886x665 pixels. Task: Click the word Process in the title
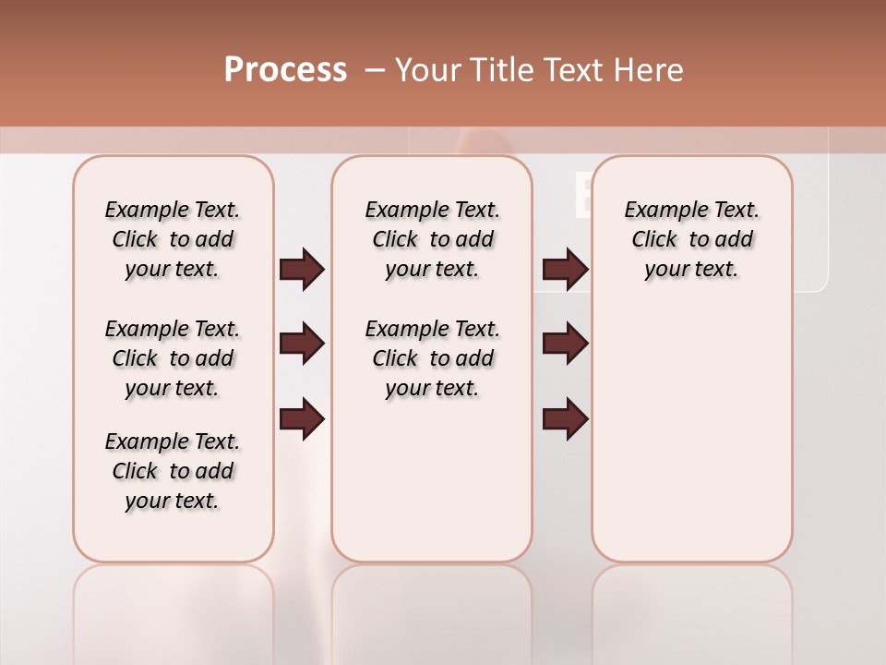coord(285,70)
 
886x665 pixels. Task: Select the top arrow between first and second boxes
coord(302,270)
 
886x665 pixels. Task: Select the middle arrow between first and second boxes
coord(302,345)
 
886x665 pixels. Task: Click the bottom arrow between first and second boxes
coord(302,419)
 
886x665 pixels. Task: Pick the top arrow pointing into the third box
coord(565,270)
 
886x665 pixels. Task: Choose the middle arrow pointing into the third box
coord(565,345)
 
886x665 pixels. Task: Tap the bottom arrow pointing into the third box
coord(565,419)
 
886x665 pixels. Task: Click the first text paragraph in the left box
coord(173,240)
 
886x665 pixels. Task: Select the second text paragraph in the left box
coord(173,358)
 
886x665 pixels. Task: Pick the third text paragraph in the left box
coord(173,471)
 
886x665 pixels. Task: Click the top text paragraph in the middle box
coord(432,240)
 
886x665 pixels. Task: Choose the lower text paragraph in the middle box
coord(432,358)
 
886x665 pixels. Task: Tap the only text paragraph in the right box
coord(691,240)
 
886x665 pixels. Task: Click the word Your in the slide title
coord(428,70)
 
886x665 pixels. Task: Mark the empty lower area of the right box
coord(691,434)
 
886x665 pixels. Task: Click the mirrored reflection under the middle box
coord(432,610)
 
